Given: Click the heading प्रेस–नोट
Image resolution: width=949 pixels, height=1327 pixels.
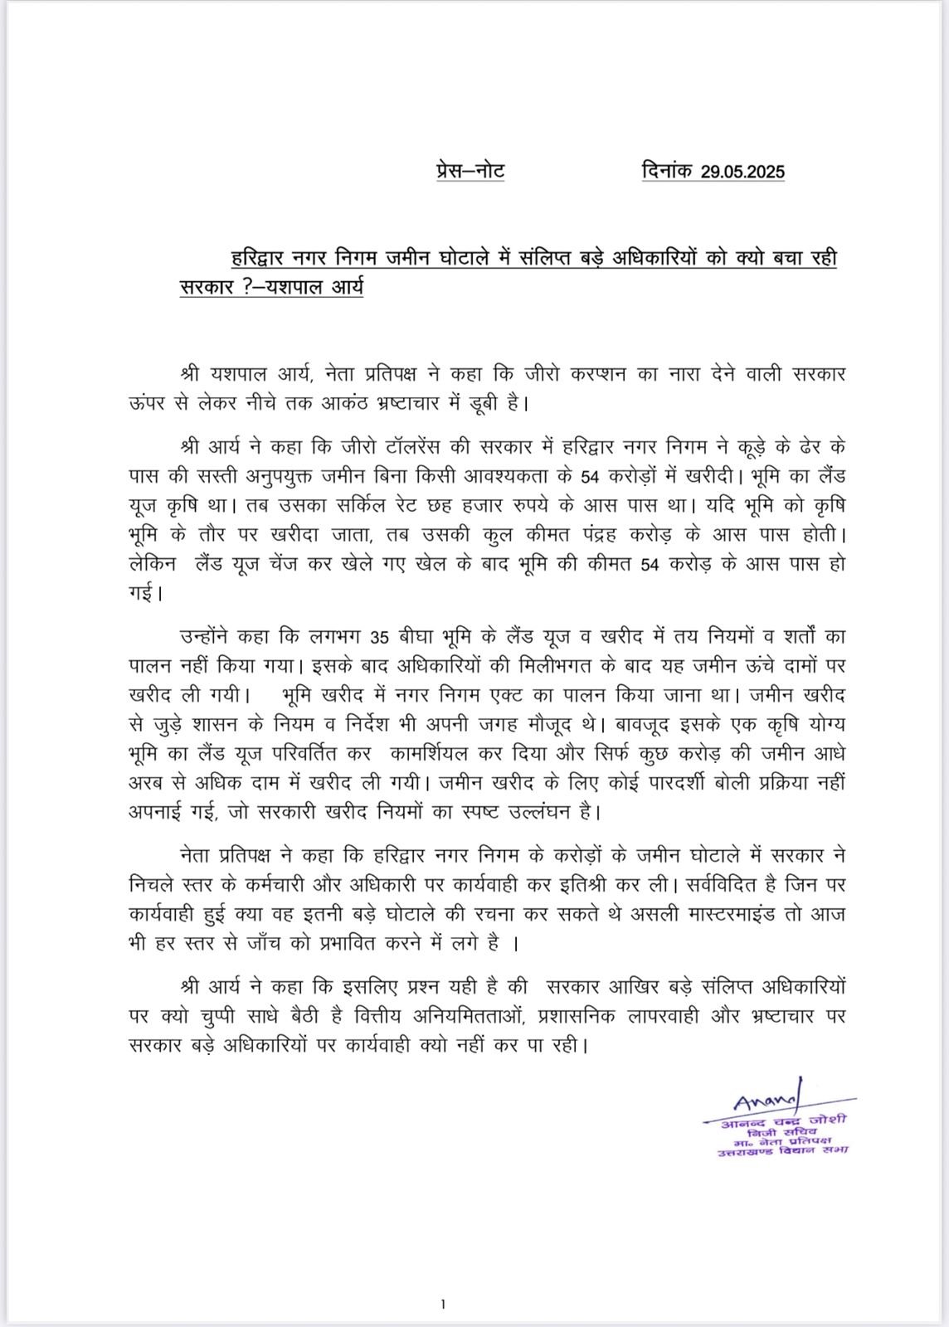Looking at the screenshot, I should point(470,171).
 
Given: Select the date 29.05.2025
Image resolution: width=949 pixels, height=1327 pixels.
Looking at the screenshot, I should point(742,173).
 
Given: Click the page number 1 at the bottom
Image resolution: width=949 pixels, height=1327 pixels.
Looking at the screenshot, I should point(444,1305).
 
